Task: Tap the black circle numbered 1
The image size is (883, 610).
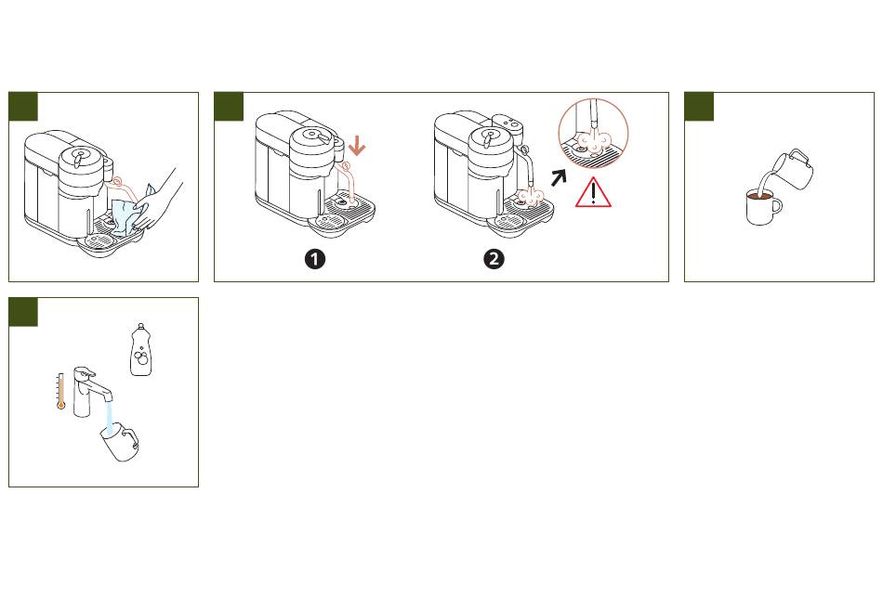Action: (315, 260)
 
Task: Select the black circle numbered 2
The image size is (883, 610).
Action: (494, 260)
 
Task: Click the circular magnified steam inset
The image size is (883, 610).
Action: (593, 134)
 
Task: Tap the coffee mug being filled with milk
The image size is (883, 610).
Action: (762, 207)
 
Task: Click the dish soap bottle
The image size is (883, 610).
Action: (141, 350)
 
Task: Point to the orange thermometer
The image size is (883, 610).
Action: (60, 391)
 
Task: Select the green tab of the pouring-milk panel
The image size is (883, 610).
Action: (699, 107)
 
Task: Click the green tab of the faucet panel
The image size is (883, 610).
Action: (23, 312)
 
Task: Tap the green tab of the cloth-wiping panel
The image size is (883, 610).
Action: (23, 107)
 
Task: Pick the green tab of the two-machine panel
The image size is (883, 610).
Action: (229, 107)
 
